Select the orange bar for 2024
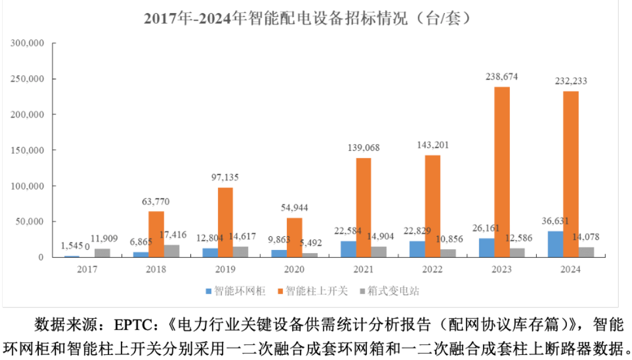coord(570,174)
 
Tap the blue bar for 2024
coord(555,244)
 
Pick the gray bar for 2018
coord(171,251)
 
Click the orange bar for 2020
coord(294,237)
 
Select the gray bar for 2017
coord(102,253)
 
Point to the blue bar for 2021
coord(348,249)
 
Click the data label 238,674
coord(502,76)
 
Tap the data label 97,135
coord(225,177)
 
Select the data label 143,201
coord(433,145)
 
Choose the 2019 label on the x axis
coord(225,269)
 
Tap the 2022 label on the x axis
coord(433,269)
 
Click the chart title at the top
coord(309,18)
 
